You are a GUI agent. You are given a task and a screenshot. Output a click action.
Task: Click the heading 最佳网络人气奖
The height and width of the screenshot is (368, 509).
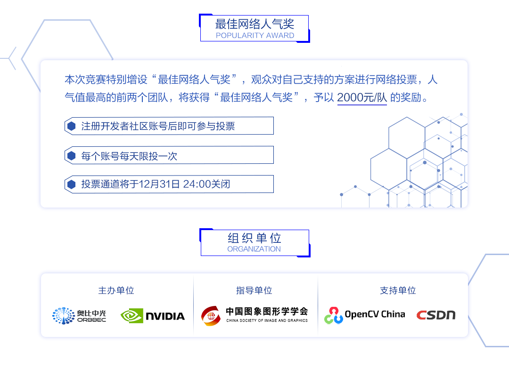click(x=254, y=24)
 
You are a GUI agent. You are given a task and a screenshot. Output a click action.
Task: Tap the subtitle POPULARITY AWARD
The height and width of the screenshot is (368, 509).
click(x=254, y=36)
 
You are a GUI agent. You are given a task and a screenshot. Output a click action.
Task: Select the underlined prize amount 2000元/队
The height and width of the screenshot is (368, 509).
click(x=362, y=98)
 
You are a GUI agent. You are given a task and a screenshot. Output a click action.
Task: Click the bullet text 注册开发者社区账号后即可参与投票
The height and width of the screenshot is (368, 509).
click(x=158, y=126)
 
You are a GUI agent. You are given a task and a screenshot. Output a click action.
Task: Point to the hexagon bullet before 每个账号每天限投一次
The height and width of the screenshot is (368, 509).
click(x=72, y=156)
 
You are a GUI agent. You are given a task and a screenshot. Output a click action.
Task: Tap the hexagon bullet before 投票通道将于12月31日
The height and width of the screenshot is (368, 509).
click(x=72, y=184)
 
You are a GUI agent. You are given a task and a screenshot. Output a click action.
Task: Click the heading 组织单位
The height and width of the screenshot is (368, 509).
click(x=254, y=238)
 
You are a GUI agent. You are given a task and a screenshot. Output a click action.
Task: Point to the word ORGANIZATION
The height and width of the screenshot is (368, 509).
click(x=254, y=249)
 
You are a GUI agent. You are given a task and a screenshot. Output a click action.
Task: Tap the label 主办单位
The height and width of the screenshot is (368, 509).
click(x=116, y=290)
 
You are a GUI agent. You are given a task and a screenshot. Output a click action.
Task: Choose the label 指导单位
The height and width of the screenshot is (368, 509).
click(x=254, y=290)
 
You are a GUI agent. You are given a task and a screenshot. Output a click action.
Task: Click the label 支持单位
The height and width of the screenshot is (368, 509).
click(x=398, y=290)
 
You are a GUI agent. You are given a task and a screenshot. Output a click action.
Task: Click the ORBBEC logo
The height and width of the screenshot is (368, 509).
click(x=79, y=316)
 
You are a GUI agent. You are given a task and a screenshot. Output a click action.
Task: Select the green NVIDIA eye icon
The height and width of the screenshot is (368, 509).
click(x=131, y=316)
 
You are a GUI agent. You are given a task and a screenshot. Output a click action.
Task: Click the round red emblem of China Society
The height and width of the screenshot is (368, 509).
click(x=210, y=316)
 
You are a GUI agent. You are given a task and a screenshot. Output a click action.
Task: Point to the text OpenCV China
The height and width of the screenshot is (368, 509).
click(x=375, y=314)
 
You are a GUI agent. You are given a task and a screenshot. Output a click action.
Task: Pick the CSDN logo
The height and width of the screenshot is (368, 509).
click(x=435, y=315)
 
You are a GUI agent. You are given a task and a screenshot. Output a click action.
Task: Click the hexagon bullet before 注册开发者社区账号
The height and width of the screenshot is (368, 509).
click(x=72, y=126)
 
